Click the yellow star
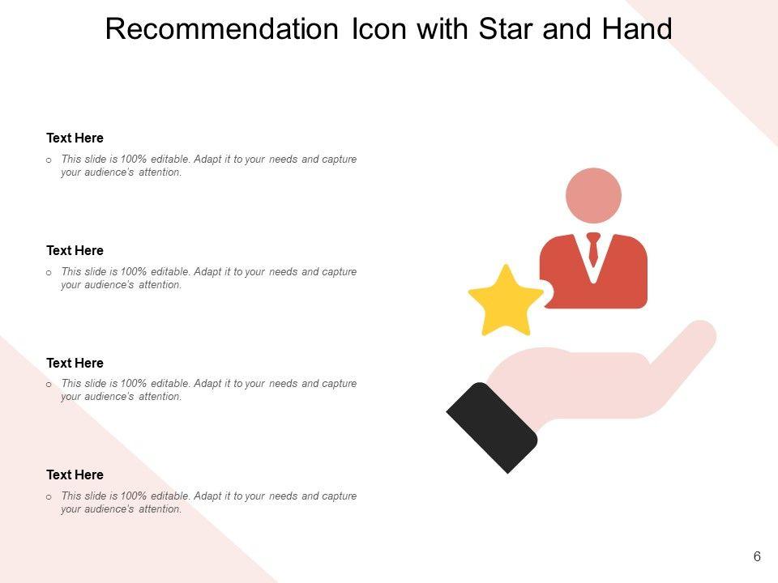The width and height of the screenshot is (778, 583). (506, 302)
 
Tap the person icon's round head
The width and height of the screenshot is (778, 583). (593, 195)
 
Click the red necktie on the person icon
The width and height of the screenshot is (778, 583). (593, 249)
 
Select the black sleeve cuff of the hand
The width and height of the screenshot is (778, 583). (492, 428)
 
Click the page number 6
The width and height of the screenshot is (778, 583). (757, 557)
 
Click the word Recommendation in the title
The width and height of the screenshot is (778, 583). (222, 29)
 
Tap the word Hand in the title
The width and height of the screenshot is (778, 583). (637, 29)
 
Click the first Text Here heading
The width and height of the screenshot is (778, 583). (75, 138)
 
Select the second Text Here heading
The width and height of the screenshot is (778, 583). (75, 250)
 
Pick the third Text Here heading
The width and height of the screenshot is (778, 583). (75, 363)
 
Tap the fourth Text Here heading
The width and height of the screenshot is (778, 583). (75, 474)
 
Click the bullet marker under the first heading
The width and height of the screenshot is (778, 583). (49, 160)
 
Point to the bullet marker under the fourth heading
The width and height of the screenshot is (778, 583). (49, 496)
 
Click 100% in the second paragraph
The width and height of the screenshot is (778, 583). (134, 272)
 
